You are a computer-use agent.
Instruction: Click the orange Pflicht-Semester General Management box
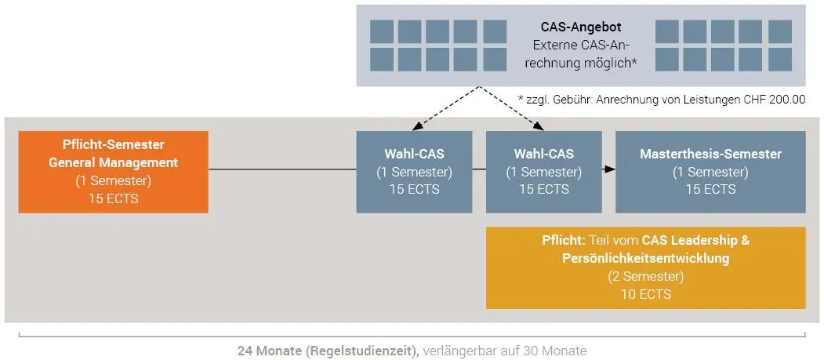tap(113, 172)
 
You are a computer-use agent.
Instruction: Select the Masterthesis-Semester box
tap(710, 172)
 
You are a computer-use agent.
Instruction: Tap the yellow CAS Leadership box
tap(645, 267)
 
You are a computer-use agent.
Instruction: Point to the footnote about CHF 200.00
tap(661, 100)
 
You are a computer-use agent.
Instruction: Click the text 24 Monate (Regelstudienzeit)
tap(328, 351)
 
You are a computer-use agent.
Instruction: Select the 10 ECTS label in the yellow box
tap(645, 295)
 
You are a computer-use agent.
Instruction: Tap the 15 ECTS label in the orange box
tap(113, 198)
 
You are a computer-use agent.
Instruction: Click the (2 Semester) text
tap(645, 276)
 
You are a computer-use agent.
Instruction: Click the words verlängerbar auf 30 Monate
tap(505, 351)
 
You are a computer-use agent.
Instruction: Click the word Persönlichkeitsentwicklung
tap(645, 258)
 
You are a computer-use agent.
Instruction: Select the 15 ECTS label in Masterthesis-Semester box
tap(710, 189)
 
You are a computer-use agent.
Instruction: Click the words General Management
tap(113, 163)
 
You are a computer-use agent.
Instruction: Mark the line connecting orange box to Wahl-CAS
tap(282, 169)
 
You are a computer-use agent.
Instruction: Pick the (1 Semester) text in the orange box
tap(113, 181)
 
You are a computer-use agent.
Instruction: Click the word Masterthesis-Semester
tap(710, 154)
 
